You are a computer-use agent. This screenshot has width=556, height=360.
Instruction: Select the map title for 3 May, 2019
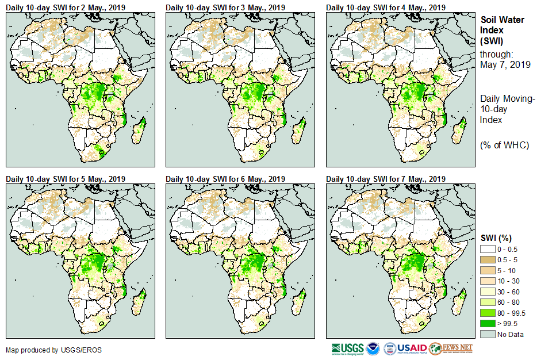click(225, 7)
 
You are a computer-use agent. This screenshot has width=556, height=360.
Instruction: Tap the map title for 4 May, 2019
click(386, 7)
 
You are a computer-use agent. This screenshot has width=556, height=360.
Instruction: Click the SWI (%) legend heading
click(496, 238)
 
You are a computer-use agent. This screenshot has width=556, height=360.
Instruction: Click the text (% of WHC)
click(504, 145)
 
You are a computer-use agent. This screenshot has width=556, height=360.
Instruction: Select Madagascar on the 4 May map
click(459, 130)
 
